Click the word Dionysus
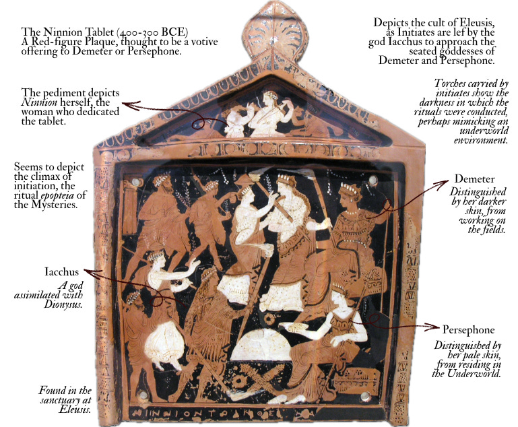click(65, 304)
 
